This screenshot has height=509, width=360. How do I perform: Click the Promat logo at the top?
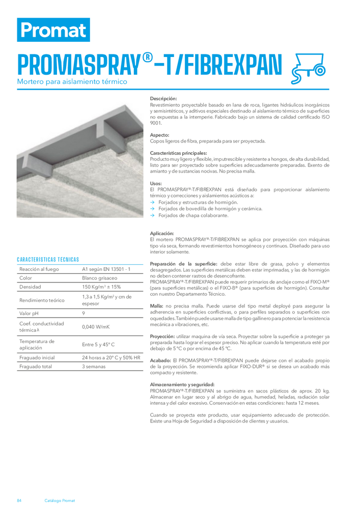[x=53, y=30]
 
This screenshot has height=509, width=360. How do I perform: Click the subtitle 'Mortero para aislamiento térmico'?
[x=72, y=81]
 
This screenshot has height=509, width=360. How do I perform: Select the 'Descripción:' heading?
[x=163, y=98]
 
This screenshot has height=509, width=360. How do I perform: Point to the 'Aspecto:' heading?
[x=159, y=135]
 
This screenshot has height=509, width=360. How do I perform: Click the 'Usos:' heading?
[x=156, y=183]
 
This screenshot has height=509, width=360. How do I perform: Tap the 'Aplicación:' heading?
[x=162, y=233]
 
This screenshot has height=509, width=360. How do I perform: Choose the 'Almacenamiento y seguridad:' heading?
[x=182, y=384]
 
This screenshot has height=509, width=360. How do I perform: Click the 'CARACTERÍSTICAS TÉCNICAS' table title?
[x=48, y=260]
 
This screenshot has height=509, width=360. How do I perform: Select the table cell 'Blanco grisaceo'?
[x=99, y=278]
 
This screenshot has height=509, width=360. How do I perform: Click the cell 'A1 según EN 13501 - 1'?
[x=107, y=269]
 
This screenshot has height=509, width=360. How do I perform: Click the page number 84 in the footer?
[x=19, y=500]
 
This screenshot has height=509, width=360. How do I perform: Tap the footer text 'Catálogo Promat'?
[x=60, y=500]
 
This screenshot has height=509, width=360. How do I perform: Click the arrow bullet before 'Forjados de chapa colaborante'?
[x=152, y=215]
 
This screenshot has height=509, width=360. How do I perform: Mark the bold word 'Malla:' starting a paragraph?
[x=156, y=305]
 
